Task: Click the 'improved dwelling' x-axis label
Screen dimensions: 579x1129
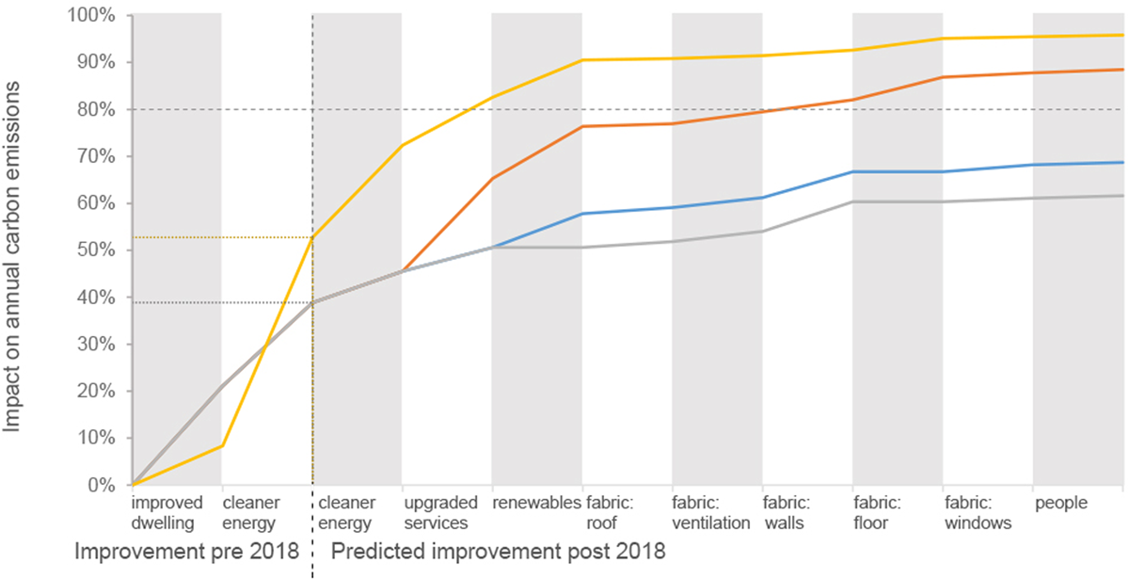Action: click(x=165, y=513)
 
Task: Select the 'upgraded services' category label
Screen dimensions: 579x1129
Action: click(x=440, y=513)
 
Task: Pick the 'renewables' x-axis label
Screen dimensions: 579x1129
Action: click(x=536, y=504)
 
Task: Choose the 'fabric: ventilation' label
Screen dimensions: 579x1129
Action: click(x=711, y=513)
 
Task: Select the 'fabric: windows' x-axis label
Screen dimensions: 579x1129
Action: click(x=978, y=513)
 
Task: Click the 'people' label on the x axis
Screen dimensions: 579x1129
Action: click(x=1061, y=504)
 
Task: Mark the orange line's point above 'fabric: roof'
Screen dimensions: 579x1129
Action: click(x=582, y=126)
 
